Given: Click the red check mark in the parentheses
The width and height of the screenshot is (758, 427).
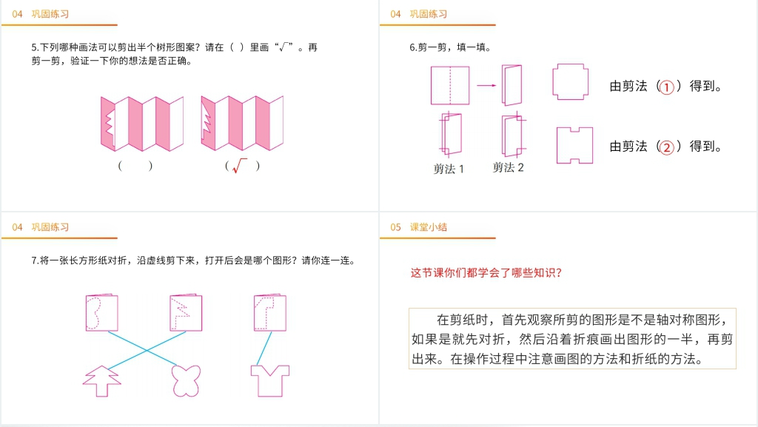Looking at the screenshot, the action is pos(239,166).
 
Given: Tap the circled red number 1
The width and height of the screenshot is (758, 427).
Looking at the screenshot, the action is pos(667,87).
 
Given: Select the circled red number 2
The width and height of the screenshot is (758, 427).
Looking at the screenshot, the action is pos(667,147).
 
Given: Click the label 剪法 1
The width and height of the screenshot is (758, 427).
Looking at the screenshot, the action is pos(448,169).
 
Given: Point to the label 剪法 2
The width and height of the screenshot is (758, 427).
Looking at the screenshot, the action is pos(508,167).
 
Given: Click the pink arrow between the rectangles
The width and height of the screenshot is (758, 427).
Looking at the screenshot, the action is pos(486,86).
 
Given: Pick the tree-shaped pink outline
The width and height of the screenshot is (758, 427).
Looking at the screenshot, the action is pos(101,380).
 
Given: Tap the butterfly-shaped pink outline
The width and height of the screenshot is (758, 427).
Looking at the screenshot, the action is pos(186,380).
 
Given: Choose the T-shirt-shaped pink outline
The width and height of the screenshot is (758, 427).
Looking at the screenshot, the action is pos(269,380).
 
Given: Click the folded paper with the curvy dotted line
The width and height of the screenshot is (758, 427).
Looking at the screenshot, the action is pos(101,312).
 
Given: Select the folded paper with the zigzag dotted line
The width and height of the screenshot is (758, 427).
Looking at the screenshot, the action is pos(186,312).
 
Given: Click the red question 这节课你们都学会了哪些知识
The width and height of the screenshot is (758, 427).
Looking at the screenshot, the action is pos(486,273).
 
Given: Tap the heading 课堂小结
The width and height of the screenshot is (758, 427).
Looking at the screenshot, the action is pos(429,227).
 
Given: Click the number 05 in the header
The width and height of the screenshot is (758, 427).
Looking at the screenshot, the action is pos(395,227).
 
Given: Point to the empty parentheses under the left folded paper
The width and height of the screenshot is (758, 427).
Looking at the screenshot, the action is pos(135,166).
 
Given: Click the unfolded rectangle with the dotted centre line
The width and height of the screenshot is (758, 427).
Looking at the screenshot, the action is pos(450,86).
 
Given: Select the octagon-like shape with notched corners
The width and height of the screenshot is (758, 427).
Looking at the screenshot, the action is pos(571,81).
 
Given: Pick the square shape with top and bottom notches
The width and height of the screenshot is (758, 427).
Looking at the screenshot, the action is pos(574,145).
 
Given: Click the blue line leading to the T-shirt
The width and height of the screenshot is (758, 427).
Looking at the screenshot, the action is pos(264,349).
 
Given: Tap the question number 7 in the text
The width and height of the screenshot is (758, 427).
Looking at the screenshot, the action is pos(34,260).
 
